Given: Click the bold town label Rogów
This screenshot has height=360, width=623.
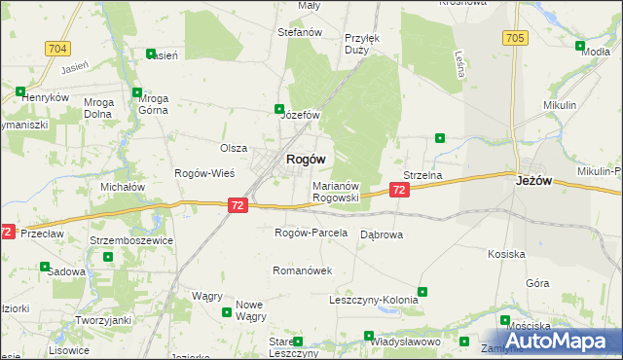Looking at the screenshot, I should click(305, 159).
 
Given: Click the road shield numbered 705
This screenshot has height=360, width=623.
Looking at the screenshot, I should click(515, 38).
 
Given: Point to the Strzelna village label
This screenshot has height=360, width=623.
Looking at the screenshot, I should click(422, 175).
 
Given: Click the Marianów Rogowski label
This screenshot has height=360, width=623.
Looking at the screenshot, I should click(336, 191).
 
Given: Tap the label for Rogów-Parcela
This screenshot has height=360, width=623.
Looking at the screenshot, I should click(311, 234).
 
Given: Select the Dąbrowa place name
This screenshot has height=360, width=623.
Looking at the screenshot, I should click(382, 234).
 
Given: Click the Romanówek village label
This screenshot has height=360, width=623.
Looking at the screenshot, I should click(303, 270).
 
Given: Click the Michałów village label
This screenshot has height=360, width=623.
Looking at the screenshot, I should click(123, 186).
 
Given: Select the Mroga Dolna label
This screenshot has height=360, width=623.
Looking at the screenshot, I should click(99, 105).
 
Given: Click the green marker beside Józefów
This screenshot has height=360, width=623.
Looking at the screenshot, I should click(279, 109).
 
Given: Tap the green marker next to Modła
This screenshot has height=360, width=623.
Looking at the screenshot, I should click(580, 47).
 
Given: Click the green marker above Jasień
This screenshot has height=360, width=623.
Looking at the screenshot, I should click(150, 54).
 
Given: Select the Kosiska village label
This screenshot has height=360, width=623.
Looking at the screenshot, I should click(507, 254).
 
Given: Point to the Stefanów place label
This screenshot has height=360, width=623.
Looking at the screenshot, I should click(300, 32).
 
